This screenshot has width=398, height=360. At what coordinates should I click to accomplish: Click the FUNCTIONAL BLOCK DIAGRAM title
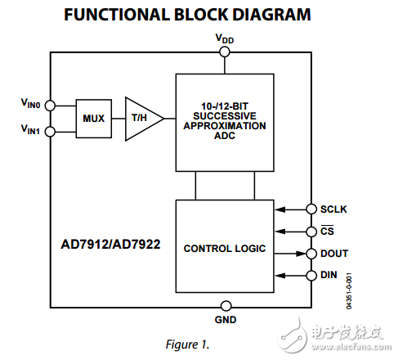pyautogui.click(x=199, y=15)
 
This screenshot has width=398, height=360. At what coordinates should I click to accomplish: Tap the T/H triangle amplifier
pyautogui.click(x=141, y=119)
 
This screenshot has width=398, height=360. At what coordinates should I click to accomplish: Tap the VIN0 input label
pyautogui.click(x=31, y=103)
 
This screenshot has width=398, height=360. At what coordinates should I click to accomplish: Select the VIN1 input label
pyautogui.click(x=31, y=129)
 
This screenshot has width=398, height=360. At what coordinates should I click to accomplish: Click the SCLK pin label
pyautogui.click(x=333, y=209)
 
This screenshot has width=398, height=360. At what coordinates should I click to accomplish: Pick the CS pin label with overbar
pyautogui.click(x=327, y=232)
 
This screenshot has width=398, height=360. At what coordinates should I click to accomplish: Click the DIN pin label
pyautogui.click(x=329, y=276)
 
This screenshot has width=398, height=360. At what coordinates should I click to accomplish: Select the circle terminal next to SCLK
pyautogui.click(x=311, y=209)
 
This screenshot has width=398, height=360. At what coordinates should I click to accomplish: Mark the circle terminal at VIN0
pyautogui.click(x=50, y=106)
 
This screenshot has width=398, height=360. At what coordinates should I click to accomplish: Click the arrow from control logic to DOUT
pyautogui.click(x=289, y=254)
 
